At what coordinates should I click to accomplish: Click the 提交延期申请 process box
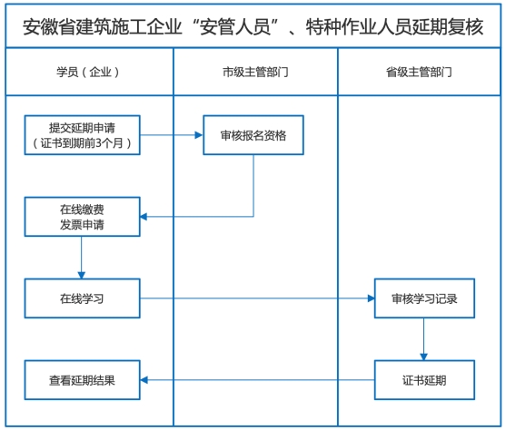tap(83, 135)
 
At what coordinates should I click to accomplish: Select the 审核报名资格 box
tap(253, 135)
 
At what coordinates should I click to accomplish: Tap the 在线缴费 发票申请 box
tap(83, 217)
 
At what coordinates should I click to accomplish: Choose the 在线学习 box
tap(83, 298)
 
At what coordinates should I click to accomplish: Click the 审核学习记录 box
tap(424, 298)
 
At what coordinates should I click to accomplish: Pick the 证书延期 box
tap(424, 379)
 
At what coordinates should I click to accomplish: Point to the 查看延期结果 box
tap(83, 379)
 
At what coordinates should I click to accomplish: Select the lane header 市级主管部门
tap(255, 71)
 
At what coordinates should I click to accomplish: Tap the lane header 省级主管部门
tap(420, 71)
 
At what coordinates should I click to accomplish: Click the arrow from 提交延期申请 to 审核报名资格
tap(172, 135)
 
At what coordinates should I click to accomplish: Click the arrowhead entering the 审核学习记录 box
tap(370, 298)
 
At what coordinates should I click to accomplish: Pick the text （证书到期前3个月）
tap(83, 142)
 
